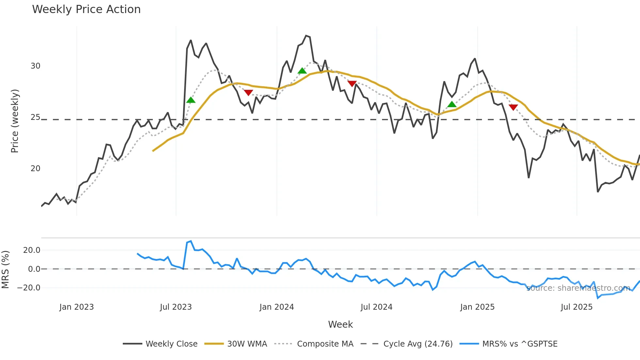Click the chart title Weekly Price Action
(x=86, y=9)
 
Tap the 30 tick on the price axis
(x=35, y=66)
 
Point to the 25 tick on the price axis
(x=35, y=117)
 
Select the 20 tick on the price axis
(x=35, y=169)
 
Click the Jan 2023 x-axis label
(x=76, y=307)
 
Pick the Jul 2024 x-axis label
(x=376, y=307)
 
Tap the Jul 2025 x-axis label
(x=576, y=307)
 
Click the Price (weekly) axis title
(x=15, y=121)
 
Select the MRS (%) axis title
(x=5, y=270)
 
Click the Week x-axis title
(x=340, y=324)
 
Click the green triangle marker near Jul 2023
(x=191, y=100)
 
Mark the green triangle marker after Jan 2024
(x=302, y=71)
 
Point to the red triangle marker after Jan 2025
(x=513, y=107)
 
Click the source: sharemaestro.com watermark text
(x=578, y=288)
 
